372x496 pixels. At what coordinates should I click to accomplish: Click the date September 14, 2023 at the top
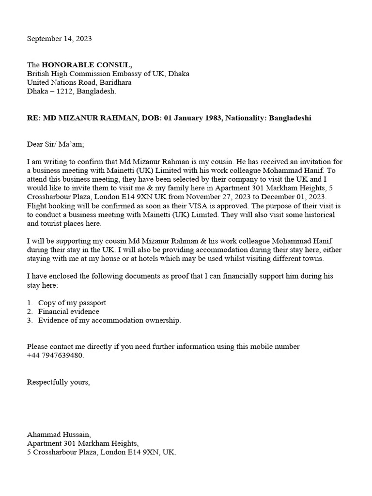[59, 38]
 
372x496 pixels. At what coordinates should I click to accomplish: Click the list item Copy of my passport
[72, 303]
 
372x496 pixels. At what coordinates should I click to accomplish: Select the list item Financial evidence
[69, 311]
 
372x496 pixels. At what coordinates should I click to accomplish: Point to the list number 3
[29, 320]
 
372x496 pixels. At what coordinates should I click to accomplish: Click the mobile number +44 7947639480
[55, 356]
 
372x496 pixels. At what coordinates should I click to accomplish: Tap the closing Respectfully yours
[58, 382]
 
